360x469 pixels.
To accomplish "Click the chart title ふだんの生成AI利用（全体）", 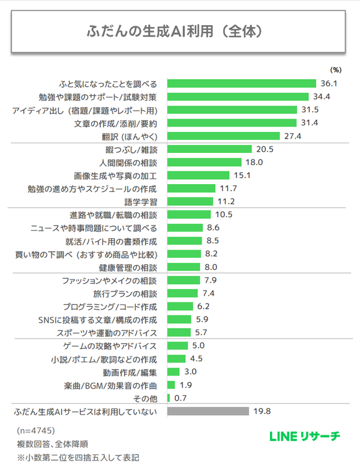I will [179, 31].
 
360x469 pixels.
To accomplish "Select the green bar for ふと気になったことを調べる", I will [241, 83].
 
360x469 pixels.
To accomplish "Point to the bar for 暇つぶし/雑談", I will [209, 149].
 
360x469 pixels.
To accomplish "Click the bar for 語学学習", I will [190, 202].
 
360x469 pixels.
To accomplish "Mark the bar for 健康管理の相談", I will [185, 267].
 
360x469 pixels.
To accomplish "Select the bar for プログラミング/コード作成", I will [181, 306].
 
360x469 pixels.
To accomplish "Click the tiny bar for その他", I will [169, 398].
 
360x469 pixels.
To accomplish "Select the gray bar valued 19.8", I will [208, 411].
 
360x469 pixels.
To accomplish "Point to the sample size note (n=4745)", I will [36, 431].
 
